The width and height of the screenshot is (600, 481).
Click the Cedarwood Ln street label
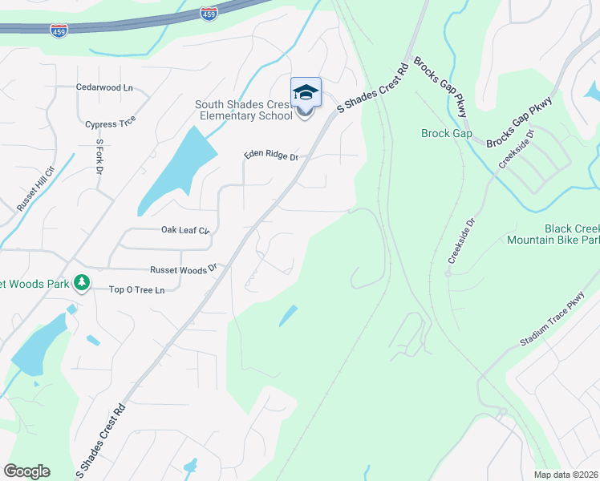[x=104, y=87]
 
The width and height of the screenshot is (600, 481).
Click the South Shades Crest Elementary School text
[x=244, y=110]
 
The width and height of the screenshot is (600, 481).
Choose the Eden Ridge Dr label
[x=271, y=156]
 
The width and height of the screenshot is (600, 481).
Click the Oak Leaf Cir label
[x=185, y=230]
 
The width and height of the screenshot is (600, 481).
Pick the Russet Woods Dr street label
[x=184, y=270]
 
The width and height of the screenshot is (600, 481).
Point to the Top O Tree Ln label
[x=136, y=289]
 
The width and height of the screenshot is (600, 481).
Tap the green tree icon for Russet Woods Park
[x=81, y=282]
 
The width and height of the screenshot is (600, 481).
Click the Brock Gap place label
[x=447, y=133]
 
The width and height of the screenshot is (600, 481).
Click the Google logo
[x=26, y=471]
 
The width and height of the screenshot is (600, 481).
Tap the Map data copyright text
[x=566, y=475]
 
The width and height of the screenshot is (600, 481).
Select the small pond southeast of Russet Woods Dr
[x=287, y=316]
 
